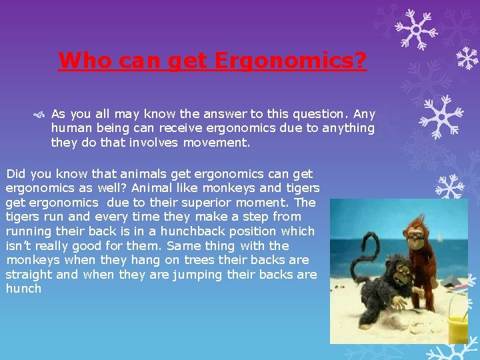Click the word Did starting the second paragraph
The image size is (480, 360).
pos(16,173)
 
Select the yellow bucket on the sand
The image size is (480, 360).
pos(458,327)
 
